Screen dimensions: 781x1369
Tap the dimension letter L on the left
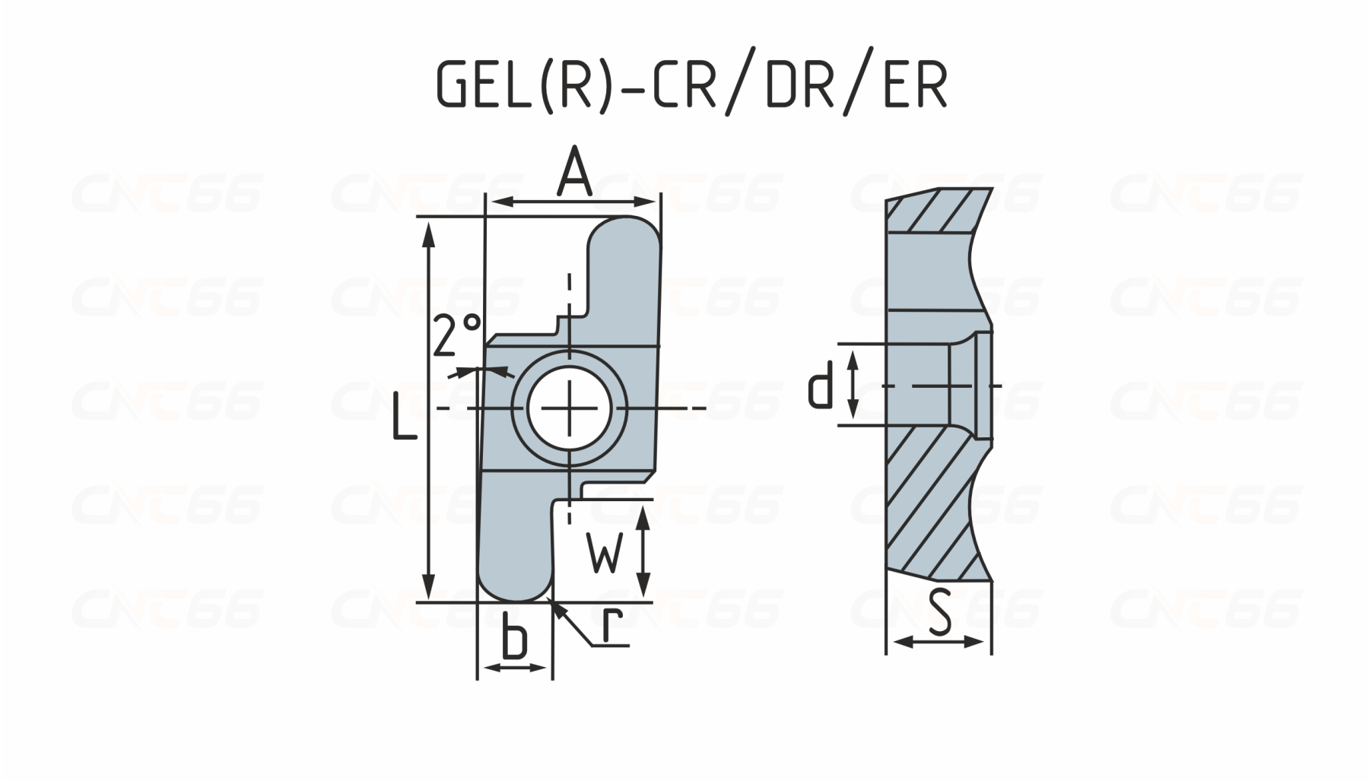(404, 414)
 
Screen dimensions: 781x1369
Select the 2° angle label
(456, 335)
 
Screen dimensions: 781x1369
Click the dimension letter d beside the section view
(820, 386)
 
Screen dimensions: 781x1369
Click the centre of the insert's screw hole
(570, 408)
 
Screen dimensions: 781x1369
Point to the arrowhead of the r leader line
(558, 608)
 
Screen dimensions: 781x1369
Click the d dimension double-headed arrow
(853, 386)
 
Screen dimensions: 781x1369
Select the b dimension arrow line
(515, 668)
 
